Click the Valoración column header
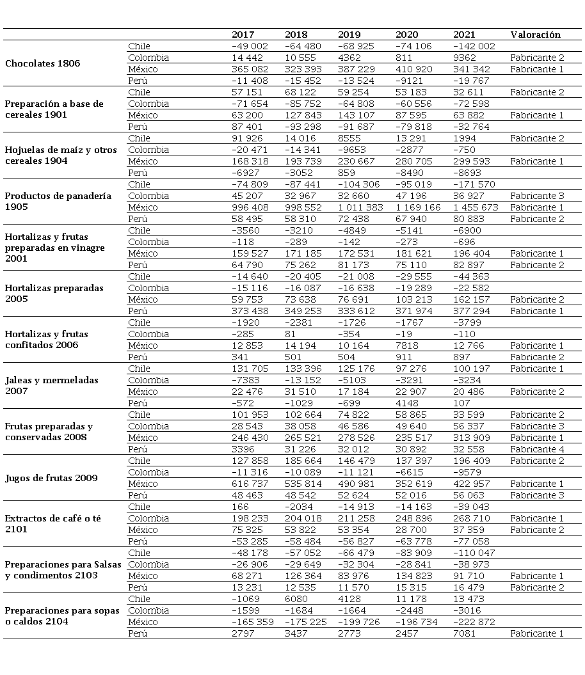(x=535, y=35)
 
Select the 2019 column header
(x=349, y=35)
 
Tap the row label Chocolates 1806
(x=42, y=63)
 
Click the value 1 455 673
(x=475, y=207)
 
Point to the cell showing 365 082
(x=250, y=69)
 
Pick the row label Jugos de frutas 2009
(x=51, y=478)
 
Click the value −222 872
(x=474, y=622)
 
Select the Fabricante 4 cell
(x=537, y=449)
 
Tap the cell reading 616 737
(x=250, y=484)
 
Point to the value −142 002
(x=474, y=46)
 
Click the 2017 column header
(x=243, y=35)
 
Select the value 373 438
(x=250, y=311)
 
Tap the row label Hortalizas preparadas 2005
(x=54, y=294)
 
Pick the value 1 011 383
(x=360, y=207)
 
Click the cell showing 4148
(x=408, y=403)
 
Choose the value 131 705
(x=250, y=369)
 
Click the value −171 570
(x=474, y=184)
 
